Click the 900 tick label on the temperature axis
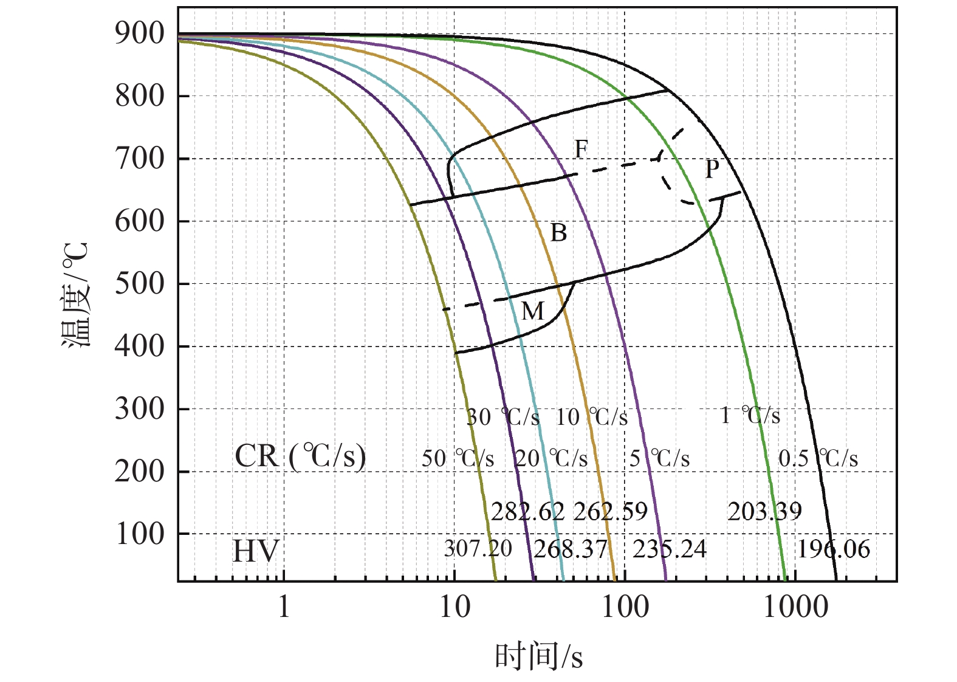[x=139, y=33]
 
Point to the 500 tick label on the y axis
[x=139, y=284]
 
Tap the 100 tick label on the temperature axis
[x=139, y=534]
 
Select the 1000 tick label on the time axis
[x=795, y=607]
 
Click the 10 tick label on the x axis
[x=454, y=607]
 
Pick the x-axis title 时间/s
[x=538, y=656]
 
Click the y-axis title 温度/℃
[x=77, y=295]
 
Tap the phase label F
[x=581, y=149]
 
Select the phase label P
[x=712, y=169]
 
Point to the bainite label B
[x=558, y=233]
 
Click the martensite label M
[x=532, y=312]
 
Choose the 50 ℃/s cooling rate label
[x=458, y=458]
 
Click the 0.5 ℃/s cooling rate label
[x=818, y=458]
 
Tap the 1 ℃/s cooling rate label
[x=750, y=416]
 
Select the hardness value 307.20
[x=478, y=549]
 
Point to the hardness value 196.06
[x=833, y=549]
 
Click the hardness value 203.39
[x=764, y=512]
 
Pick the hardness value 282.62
[x=527, y=512]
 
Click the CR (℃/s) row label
[x=300, y=456]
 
